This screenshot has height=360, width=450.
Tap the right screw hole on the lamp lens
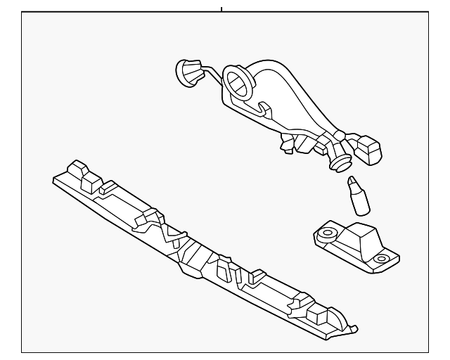tap(380, 259)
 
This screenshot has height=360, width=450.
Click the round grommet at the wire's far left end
tap(186, 70)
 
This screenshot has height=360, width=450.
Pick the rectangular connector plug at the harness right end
tap(370, 148)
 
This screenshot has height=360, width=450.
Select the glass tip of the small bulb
tap(353, 185)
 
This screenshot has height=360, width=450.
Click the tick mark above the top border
tap(221, 9)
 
